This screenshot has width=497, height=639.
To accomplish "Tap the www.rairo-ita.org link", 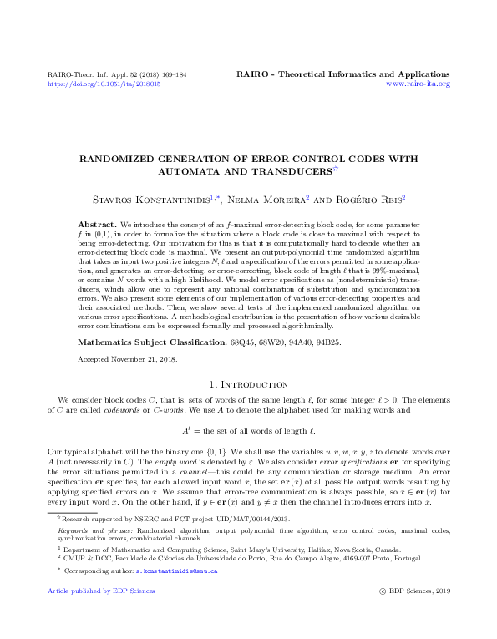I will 418,84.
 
